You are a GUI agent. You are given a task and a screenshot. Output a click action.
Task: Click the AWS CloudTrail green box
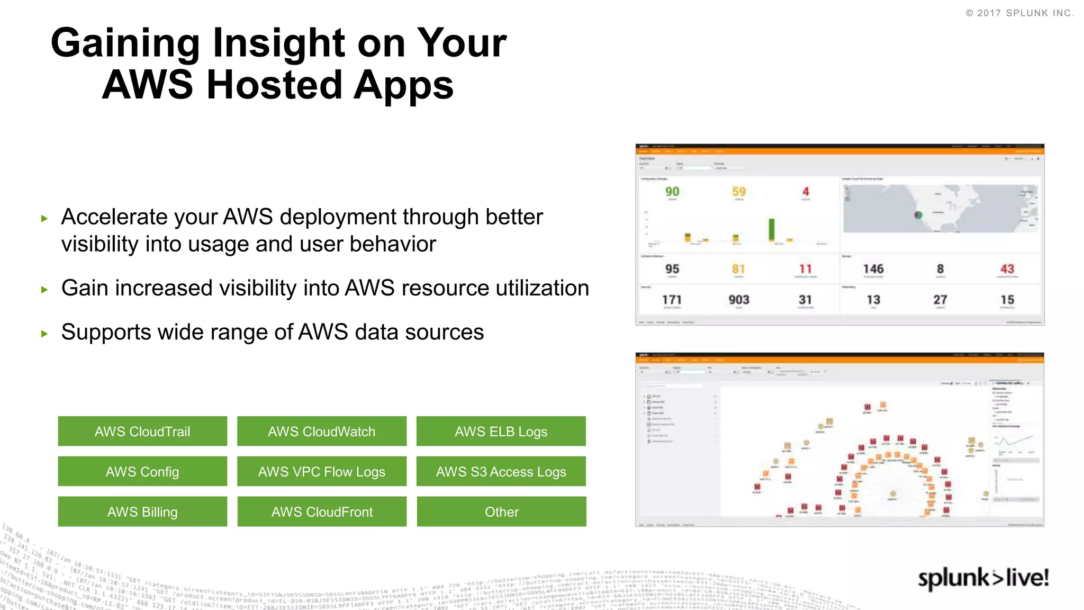pos(142,431)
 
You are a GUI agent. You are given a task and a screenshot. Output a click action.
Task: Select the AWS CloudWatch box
pos(322,431)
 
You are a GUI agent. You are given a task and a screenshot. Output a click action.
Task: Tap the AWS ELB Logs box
pos(501,431)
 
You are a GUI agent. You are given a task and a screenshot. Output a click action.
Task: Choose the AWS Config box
pos(142,471)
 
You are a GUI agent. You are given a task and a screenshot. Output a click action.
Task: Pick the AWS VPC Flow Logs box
pos(322,471)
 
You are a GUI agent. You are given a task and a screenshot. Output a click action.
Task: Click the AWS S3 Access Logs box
pos(501,471)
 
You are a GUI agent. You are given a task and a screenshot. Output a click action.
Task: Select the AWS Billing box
pos(142,512)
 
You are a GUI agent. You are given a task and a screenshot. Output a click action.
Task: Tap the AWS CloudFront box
pos(322,512)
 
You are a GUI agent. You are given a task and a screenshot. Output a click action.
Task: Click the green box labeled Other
pos(501,512)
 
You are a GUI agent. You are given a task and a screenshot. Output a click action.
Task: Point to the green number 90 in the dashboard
pos(672,192)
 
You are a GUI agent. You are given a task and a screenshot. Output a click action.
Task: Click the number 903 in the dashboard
pos(739,300)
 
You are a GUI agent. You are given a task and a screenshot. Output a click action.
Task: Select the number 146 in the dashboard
pos(873,269)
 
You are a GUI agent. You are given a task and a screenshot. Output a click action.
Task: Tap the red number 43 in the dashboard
pos(1007,269)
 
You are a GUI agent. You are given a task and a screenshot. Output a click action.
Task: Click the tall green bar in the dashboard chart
pos(772,230)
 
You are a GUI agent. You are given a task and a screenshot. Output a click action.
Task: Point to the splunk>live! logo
pos(983,578)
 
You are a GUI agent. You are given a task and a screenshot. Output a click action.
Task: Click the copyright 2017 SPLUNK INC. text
pos(1019,13)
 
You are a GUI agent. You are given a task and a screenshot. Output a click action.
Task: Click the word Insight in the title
pos(279,43)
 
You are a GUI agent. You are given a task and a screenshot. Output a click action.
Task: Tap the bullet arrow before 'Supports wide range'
pos(44,334)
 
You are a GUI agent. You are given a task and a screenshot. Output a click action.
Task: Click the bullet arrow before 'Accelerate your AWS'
pos(44,218)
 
